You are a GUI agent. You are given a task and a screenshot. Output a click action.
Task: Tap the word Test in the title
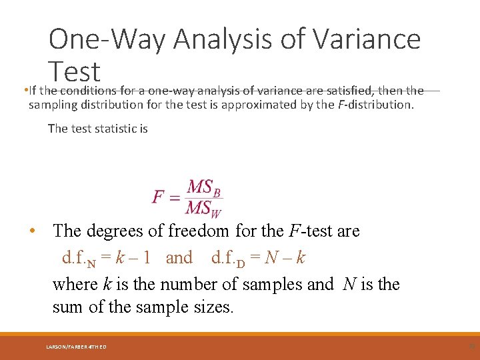(x=74, y=71)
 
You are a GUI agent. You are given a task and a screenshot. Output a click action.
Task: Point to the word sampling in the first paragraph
(x=51, y=105)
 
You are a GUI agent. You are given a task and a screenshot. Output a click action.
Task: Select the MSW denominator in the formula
(x=204, y=209)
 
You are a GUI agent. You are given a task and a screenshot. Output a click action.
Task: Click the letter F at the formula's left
(x=159, y=197)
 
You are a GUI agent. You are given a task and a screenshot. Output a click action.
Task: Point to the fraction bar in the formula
(x=204, y=198)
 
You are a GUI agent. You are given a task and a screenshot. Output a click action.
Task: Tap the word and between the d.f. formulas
(x=179, y=257)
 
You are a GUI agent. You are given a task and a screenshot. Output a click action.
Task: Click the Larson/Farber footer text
(x=76, y=347)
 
